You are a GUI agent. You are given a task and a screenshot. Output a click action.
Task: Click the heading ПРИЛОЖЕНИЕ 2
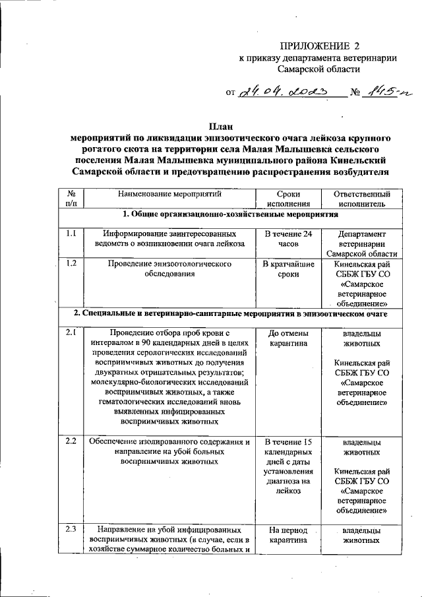321,46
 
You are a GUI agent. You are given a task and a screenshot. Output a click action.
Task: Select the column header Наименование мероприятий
170,195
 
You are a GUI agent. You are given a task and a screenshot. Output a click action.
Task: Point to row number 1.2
71,264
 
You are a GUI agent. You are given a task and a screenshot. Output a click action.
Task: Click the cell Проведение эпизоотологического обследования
170,269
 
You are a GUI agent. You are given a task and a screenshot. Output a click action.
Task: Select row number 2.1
71,333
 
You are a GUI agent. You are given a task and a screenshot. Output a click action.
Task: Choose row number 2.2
71,441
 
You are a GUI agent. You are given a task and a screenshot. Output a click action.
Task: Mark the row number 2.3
71,530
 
